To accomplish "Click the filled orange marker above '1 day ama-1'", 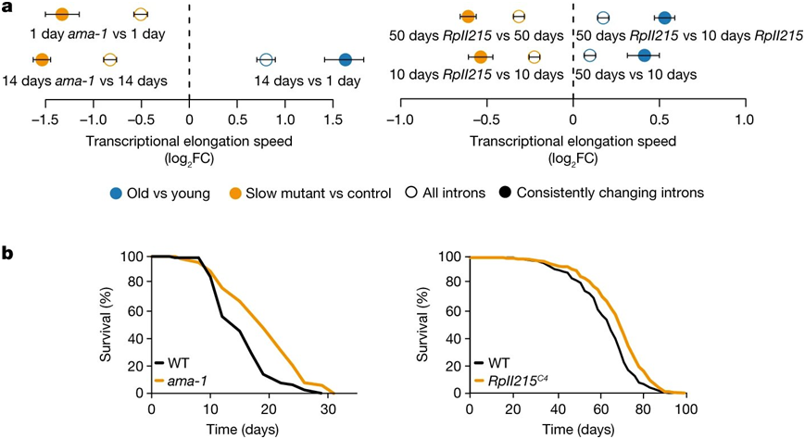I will point(62,15).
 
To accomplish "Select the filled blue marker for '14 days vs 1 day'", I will point(345,60).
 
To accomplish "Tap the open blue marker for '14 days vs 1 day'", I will point(267,60).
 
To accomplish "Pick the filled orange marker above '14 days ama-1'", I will point(42,60).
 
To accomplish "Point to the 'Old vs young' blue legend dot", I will point(116,194).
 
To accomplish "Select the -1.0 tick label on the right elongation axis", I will point(399,119).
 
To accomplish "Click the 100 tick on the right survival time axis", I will point(686,408).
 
